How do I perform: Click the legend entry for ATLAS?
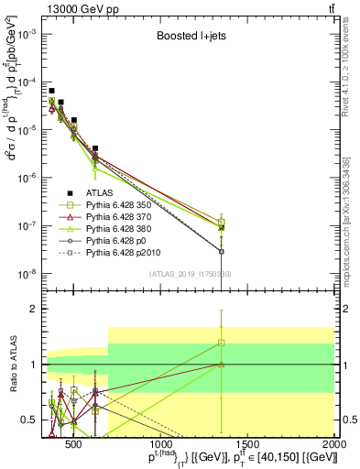tap(101, 192)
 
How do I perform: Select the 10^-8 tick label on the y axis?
tap(27, 273)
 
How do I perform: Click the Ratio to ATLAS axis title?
tap(12, 365)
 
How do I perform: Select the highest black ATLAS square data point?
tap(52, 91)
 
